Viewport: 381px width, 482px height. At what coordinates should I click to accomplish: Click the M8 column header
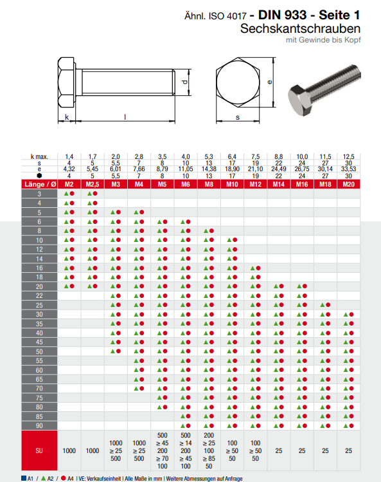[x=209, y=184]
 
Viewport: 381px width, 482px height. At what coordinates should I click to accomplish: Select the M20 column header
[x=348, y=184]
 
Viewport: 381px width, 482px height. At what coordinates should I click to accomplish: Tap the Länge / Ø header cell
[x=40, y=184]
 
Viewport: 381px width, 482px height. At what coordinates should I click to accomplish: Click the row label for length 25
[x=40, y=304]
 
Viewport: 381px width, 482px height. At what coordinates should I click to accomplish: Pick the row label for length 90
[x=40, y=425]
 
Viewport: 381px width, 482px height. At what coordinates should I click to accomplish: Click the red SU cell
[x=40, y=451]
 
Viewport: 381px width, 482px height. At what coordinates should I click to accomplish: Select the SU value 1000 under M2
[x=69, y=451]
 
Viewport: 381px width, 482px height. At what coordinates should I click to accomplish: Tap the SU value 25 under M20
[x=348, y=451]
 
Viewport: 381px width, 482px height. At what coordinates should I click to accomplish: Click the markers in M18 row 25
[x=325, y=304]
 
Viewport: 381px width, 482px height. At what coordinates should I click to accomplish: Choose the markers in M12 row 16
[x=255, y=268]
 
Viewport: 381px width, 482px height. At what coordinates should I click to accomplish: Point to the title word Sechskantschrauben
[x=300, y=29]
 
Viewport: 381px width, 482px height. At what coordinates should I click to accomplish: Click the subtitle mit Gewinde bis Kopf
[x=323, y=41]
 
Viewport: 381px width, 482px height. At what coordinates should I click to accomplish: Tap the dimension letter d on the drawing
[x=184, y=83]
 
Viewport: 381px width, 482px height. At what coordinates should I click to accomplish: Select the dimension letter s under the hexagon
[x=237, y=117]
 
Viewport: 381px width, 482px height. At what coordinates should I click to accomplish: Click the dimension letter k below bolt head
[x=66, y=117]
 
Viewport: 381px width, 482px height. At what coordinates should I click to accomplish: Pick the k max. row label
[x=40, y=156]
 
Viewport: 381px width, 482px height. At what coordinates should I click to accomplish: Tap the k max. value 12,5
[x=348, y=156]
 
